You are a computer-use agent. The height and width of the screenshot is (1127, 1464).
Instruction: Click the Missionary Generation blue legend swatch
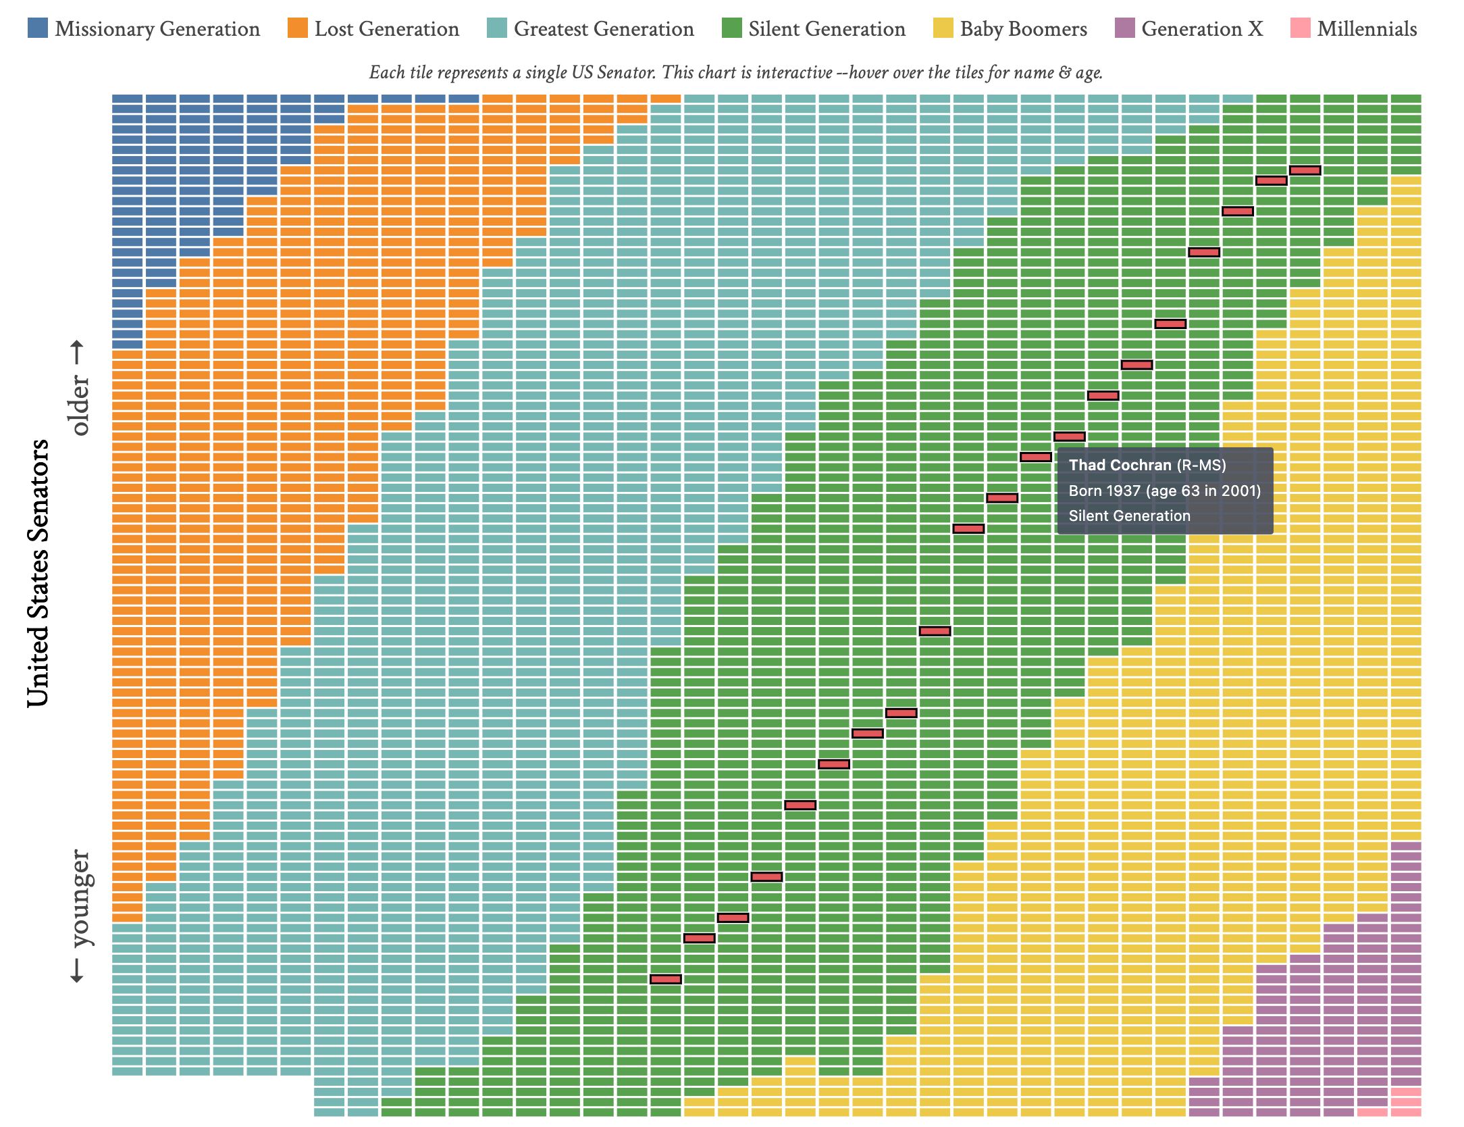tap(38, 28)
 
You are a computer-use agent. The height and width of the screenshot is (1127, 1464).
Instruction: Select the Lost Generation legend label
tap(386, 28)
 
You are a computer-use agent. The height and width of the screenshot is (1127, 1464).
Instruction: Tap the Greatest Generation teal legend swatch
tap(496, 28)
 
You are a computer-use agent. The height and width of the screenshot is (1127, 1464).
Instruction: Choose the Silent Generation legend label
tap(827, 28)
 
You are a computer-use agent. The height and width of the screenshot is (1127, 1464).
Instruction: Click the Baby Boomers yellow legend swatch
tap(943, 28)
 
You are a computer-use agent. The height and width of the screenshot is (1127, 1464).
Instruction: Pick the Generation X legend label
tap(1202, 28)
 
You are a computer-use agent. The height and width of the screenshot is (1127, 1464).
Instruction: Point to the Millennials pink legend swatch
tap(1300, 28)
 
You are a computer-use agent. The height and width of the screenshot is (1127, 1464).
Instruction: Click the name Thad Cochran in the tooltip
tap(1120, 465)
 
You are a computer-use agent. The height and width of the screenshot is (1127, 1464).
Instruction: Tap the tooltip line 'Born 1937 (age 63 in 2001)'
tap(1164, 491)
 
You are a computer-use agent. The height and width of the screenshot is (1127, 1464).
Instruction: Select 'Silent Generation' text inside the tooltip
tap(1129, 516)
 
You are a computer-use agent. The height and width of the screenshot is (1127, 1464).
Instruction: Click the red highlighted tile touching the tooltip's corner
tap(1036, 457)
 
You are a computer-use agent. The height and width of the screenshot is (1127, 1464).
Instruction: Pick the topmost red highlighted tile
tap(1305, 170)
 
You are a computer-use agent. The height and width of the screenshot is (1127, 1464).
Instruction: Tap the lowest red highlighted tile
tap(665, 979)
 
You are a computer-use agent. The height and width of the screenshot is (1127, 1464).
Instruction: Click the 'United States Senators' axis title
tap(38, 573)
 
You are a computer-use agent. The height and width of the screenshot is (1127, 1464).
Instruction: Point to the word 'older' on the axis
tap(79, 405)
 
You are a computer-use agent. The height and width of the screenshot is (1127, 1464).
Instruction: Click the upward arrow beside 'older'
tap(78, 352)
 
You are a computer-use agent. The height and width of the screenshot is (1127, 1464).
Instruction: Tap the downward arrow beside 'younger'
tap(78, 971)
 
